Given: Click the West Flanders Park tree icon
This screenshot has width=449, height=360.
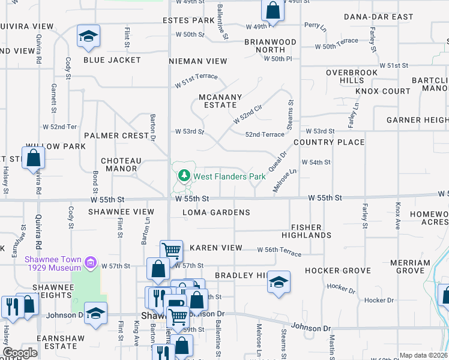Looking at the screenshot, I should (184, 176).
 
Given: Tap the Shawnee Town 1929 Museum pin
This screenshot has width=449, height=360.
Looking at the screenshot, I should (91, 262).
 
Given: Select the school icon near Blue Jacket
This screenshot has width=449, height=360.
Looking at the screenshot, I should (88, 37).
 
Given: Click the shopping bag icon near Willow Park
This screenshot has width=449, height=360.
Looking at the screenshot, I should (34, 158).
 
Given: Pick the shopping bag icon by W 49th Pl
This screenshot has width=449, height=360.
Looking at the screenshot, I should (272, 10).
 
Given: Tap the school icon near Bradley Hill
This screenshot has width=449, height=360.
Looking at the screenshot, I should (279, 283).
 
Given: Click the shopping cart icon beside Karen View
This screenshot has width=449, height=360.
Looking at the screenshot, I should (171, 250).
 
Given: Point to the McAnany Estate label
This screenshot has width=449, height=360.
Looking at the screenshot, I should (221, 101).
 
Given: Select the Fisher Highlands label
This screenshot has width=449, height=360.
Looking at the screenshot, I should (310, 231).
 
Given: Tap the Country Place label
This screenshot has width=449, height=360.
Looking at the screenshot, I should (329, 142).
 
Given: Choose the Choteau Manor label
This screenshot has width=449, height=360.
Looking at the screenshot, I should (121, 165).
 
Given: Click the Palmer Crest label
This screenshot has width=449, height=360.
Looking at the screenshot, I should (116, 136).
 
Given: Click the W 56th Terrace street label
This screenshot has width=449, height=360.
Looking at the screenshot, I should (280, 251).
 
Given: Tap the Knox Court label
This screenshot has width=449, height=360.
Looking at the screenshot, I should (382, 91).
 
